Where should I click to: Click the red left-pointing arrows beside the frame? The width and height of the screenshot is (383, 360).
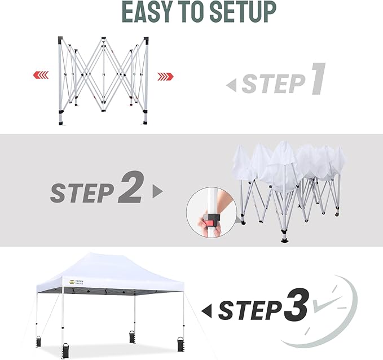tap(40, 75)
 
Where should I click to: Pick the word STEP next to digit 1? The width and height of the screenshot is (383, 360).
tap(273, 85)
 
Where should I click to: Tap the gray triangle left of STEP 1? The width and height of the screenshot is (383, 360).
tap(231, 85)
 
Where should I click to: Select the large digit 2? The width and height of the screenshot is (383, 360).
tap(130, 190)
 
